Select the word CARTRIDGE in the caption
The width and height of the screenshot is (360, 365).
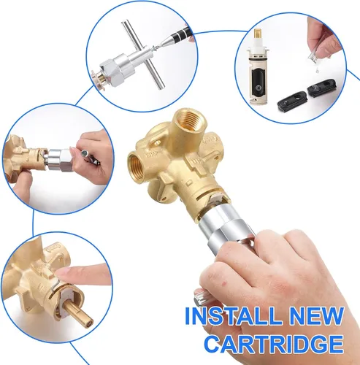[x=274, y=344]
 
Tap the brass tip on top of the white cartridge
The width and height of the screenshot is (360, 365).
[x=258, y=34]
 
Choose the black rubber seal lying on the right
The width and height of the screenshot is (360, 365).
[x=321, y=89]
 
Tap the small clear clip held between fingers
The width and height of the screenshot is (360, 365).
[x=313, y=56]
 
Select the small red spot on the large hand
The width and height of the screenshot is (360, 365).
[x=224, y=284]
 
